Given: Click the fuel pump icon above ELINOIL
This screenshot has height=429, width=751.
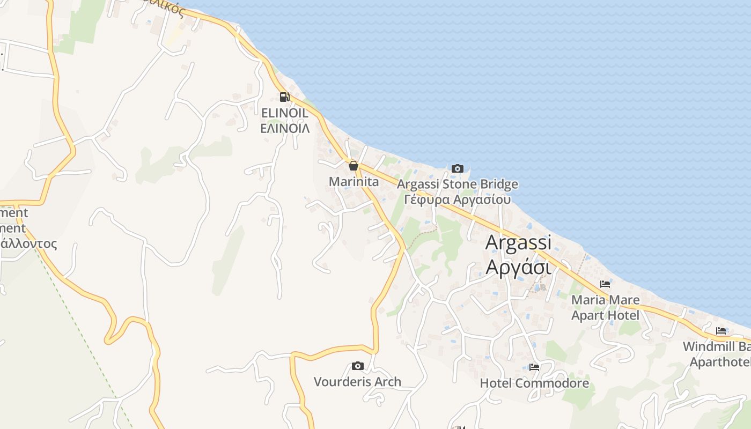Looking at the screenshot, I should [x=284, y=97].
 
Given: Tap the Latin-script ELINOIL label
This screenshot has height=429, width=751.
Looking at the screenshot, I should [x=284, y=113].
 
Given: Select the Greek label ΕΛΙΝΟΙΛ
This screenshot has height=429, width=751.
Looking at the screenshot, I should [x=284, y=129].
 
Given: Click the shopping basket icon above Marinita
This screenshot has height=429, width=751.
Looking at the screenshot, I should [x=353, y=166].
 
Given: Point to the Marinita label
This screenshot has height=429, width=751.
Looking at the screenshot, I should [x=354, y=182].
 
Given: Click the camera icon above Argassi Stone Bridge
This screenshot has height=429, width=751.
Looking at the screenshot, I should [x=458, y=168].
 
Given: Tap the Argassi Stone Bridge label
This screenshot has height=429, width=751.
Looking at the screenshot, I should [x=458, y=184].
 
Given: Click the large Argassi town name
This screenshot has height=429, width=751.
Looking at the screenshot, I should [x=518, y=243].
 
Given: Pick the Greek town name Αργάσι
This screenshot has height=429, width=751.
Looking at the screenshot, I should [x=518, y=267].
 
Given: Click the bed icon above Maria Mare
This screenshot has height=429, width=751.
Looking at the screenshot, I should [x=605, y=284].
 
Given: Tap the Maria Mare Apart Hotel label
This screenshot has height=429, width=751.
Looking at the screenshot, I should [x=605, y=307].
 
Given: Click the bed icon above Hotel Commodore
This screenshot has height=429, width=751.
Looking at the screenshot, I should [x=534, y=367].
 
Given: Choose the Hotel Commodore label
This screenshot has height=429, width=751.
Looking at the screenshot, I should [x=534, y=383].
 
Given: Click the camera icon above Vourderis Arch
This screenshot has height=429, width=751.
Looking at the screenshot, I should [x=357, y=366].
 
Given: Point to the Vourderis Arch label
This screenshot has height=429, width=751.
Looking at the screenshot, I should [x=357, y=382].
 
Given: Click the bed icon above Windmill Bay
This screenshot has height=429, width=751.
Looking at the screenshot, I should [x=720, y=331].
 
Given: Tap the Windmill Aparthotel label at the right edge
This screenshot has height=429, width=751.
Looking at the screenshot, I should [x=719, y=354].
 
